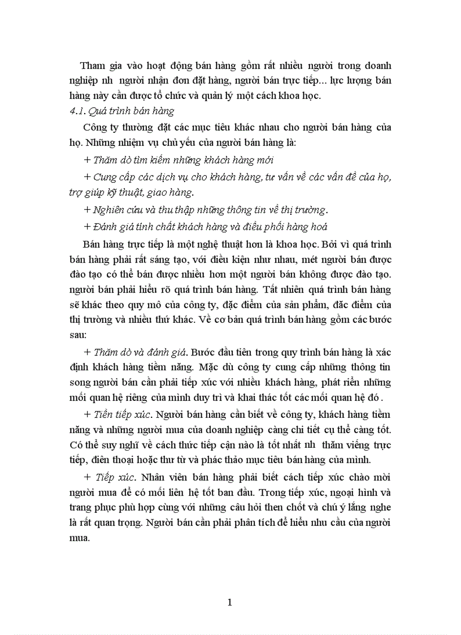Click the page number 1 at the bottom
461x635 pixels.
229,603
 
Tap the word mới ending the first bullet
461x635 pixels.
265,160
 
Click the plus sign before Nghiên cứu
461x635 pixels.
86,209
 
